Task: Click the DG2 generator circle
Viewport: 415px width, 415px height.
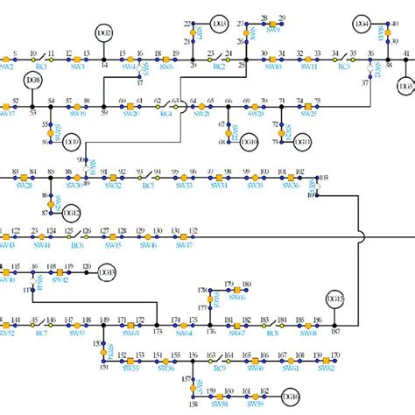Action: (x=104, y=34)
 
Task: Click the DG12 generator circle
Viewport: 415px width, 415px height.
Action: (x=72, y=212)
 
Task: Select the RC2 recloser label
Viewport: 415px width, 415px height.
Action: (x=219, y=66)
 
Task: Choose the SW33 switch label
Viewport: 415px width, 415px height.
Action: (x=184, y=186)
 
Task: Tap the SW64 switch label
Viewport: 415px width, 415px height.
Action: (x=184, y=333)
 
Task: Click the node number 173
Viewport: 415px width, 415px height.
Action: (x=158, y=333)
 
